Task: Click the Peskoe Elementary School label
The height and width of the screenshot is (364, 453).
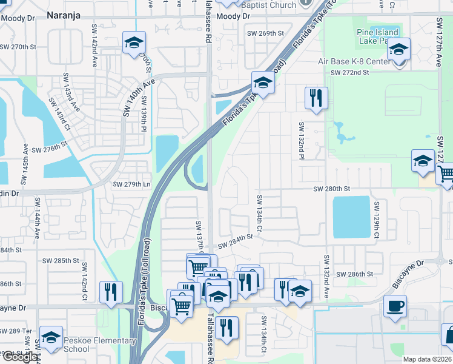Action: [99, 345]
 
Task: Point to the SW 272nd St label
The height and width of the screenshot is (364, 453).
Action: [349, 73]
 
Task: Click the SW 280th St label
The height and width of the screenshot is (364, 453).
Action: [331, 189]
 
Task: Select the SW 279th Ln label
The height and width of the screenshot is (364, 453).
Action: [131, 184]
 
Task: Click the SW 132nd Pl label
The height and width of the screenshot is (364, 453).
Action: [301, 141]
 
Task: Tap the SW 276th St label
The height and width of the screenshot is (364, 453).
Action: [48, 149]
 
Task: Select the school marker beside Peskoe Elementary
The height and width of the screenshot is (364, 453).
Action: [51, 337]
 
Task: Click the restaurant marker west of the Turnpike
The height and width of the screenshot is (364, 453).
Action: [111, 292]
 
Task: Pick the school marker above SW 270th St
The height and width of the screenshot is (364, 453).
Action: [134, 42]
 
